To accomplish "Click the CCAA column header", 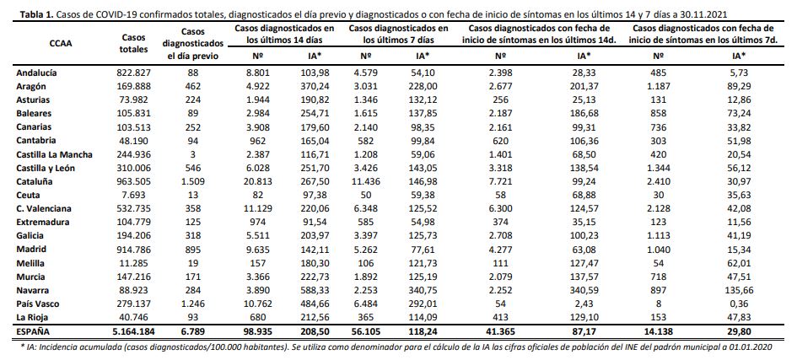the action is point(61,43).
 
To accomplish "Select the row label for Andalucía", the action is point(36,73).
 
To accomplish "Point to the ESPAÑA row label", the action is point(34,331).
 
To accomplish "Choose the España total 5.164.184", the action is point(132,331).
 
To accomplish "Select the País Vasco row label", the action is point(37,304).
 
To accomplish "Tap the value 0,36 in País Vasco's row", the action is point(735,304).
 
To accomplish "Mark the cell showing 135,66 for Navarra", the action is point(735,290).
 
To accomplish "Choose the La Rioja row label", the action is point(31,318).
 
